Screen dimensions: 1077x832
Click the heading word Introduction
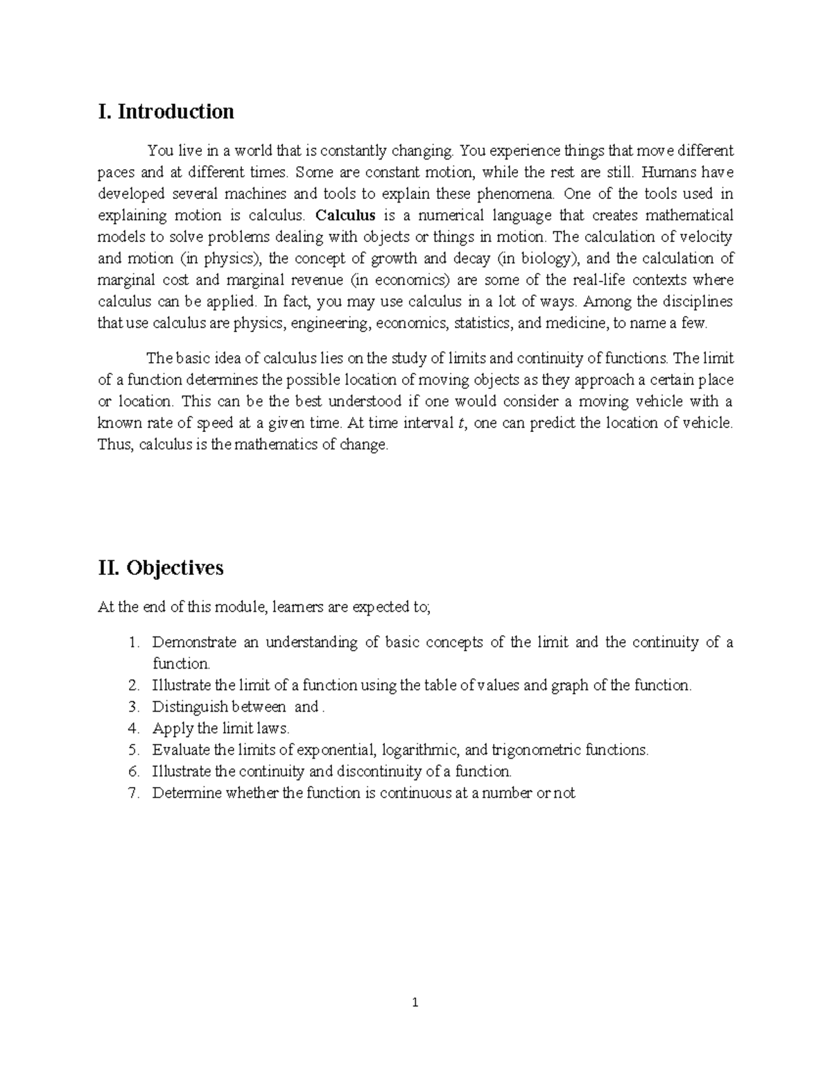click(175, 112)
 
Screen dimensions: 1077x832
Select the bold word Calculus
click(345, 216)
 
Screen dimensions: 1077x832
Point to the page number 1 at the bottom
click(415, 1002)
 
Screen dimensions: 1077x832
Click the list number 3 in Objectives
click(134, 707)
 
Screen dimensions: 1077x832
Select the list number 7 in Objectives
click(134, 793)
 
